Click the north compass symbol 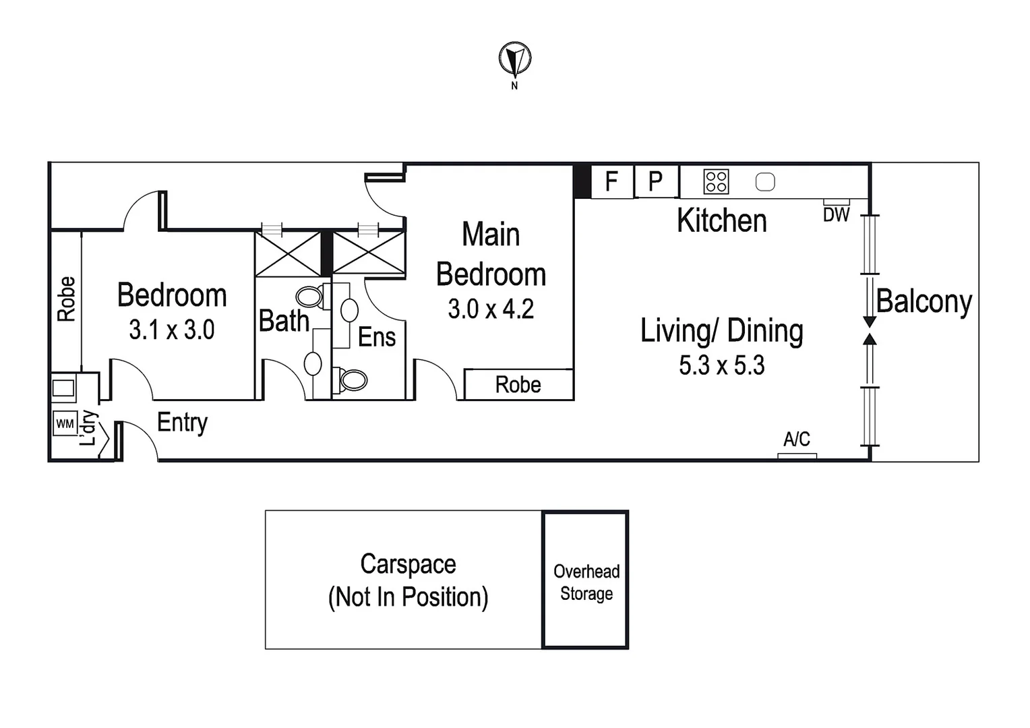tap(515, 59)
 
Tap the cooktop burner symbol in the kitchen tap(716, 181)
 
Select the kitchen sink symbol tap(765, 181)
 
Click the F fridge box tap(612, 181)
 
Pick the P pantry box tap(656, 181)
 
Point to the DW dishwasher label tap(837, 215)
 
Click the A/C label tap(797, 439)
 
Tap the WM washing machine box tap(65, 423)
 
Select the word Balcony tap(924, 302)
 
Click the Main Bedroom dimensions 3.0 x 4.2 tap(491, 309)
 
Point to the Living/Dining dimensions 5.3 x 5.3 tap(722, 365)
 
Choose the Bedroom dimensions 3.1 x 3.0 tap(171, 330)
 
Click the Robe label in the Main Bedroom tap(518, 385)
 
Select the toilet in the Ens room tap(353, 380)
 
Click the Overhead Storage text tap(586, 582)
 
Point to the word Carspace tap(408, 565)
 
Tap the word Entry tap(182, 423)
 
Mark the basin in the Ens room tap(349, 311)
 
